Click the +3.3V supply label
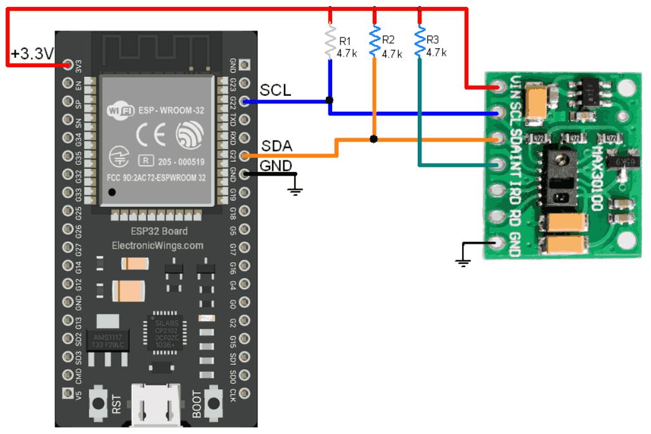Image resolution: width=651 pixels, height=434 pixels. pos(32,54)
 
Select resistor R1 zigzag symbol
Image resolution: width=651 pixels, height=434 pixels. pos(330,39)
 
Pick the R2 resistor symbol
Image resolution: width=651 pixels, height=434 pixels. pos(375,39)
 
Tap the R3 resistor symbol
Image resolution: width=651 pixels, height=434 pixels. pos(420,39)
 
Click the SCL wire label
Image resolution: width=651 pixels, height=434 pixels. pos(276,91)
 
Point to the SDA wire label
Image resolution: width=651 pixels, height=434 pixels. pos(276,146)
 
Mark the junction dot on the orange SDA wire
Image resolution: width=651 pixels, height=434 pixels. pos(375,139)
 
